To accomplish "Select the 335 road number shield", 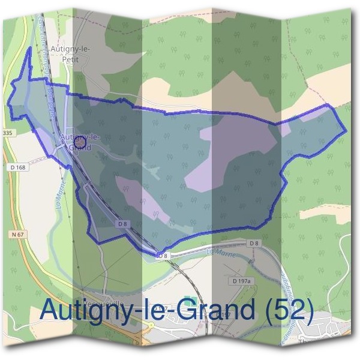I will pyautogui.click(x=7, y=132).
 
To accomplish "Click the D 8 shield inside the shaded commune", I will pyautogui.click(x=122, y=223).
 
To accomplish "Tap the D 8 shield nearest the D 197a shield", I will pyautogui.click(x=254, y=242).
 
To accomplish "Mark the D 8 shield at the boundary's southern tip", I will pyautogui.click(x=161, y=256).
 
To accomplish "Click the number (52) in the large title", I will pyautogui.click(x=289, y=311).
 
